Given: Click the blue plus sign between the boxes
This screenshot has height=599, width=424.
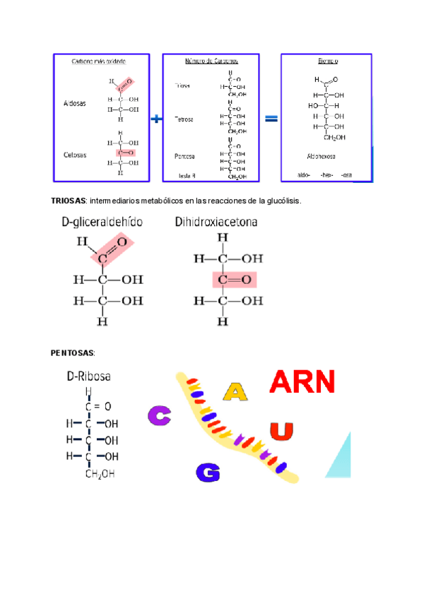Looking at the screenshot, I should [x=155, y=119].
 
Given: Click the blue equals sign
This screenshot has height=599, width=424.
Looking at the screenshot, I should [x=271, y=119].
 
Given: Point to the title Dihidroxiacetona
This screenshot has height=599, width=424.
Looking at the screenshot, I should [x=216, y=222].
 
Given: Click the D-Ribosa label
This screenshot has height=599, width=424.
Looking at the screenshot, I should [x=88, y=376].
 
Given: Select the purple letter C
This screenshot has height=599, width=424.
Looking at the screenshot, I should [x=159, y=416].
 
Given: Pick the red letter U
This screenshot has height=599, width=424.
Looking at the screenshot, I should [x=281, y=430].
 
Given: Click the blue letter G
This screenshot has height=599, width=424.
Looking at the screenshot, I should [x=207, y=471].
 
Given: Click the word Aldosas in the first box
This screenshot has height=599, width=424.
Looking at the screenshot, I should [x=74, y=102].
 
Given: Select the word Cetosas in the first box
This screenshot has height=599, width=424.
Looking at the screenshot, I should [x=74, y=155].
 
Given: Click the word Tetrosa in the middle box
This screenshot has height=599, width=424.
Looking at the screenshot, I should [x=184, y=119].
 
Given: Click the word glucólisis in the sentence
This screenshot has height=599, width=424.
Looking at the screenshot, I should [x=283, y=201].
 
